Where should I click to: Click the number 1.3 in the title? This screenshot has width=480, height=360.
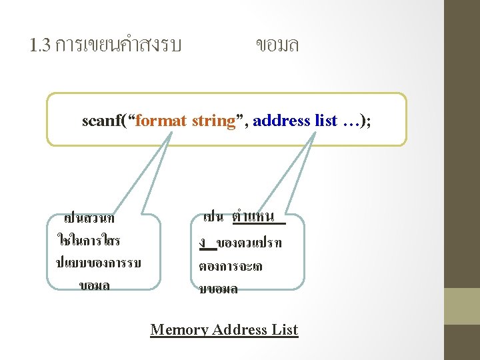tap(41, 45)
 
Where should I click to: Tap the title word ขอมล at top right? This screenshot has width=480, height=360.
tap(277, 45)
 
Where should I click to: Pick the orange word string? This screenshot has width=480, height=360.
tap(214, 121)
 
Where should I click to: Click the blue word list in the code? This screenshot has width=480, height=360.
tap(325, 121)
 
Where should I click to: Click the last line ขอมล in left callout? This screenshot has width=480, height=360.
tap(95, 285)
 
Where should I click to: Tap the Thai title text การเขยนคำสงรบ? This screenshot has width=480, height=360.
tap(118, 45)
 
